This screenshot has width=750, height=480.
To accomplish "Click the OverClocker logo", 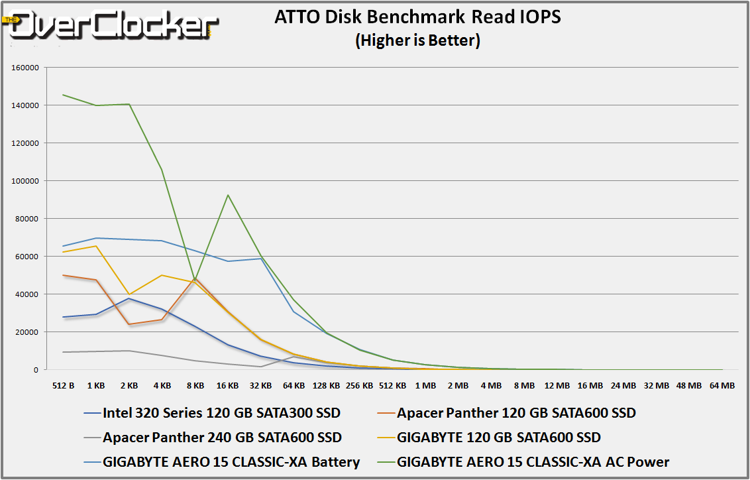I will pyautogui.click(x=109, y=25).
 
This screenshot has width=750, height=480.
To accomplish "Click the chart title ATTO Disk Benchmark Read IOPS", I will pyautogui.click(x=417, y=17).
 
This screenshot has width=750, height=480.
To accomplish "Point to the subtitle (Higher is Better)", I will pyautogui.click(x=417, y=40).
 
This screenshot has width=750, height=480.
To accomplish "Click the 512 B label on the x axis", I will pyautogui.click(x=63, y=385).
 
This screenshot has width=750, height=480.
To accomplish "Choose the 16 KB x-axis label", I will pyautogui.click(x=228, y=385).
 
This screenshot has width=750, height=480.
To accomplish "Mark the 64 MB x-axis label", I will pyautogui.click(x=722, y=385).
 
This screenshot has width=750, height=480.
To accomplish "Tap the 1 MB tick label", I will pyautogui.click(x=425, y=385).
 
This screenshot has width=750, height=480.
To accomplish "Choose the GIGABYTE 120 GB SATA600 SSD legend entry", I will pyautogui.click(x=498, y=438).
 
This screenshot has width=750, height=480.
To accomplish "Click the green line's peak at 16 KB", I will pyautogui.click(x=228, y=195).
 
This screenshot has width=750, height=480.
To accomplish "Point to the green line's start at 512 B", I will pyautogui.click(x=63, y=95).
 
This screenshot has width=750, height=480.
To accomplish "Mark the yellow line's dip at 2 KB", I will pyautogui.click(x=129, y=294).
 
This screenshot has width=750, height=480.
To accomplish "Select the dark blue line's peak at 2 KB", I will pyautogui.click(x=129, y=298).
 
